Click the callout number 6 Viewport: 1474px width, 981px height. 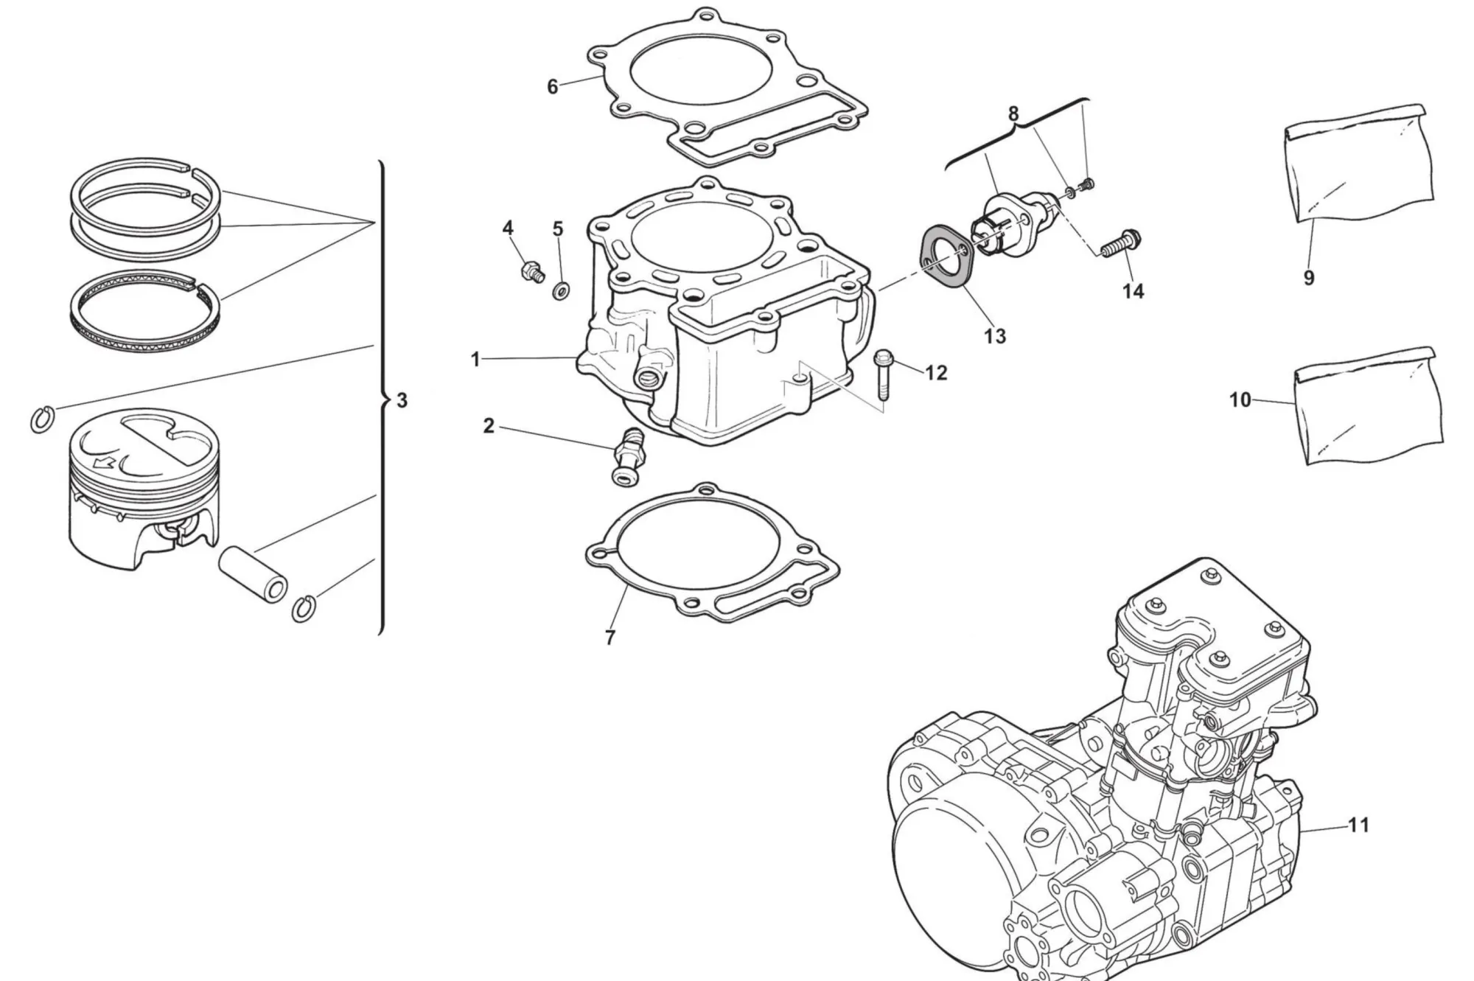pyautogui.click(x=553, y=87)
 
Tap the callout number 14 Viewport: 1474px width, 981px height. pyautogui.click(x=1133, y=291)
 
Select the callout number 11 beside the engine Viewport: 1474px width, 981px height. pyautogui.click(x=1358, y=825)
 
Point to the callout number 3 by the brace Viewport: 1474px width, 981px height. pyautogui.click(x=402, y=400)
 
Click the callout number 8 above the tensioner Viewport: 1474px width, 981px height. pyautogui.click(x=1013, y=114)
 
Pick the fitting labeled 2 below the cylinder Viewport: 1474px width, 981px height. pyautogui.click(x=626, y=458)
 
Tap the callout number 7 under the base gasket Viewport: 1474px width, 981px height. pyautogui.click(x=610, y=638)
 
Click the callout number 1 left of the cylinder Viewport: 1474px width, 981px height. pyautogui.click(x=475, y=360)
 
